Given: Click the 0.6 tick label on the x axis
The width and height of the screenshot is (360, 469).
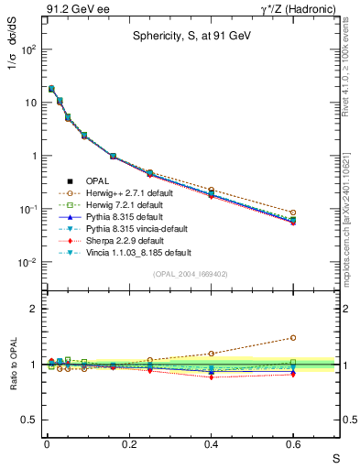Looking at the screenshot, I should click(x=293, y=446).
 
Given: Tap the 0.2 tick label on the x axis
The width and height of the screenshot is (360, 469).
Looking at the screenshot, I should click(x=128, y=446).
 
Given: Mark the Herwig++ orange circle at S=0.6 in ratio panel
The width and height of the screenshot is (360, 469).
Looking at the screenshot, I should click(x=293, y=337).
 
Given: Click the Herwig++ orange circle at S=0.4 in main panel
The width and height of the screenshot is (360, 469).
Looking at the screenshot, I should click(x=211, y=190).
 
